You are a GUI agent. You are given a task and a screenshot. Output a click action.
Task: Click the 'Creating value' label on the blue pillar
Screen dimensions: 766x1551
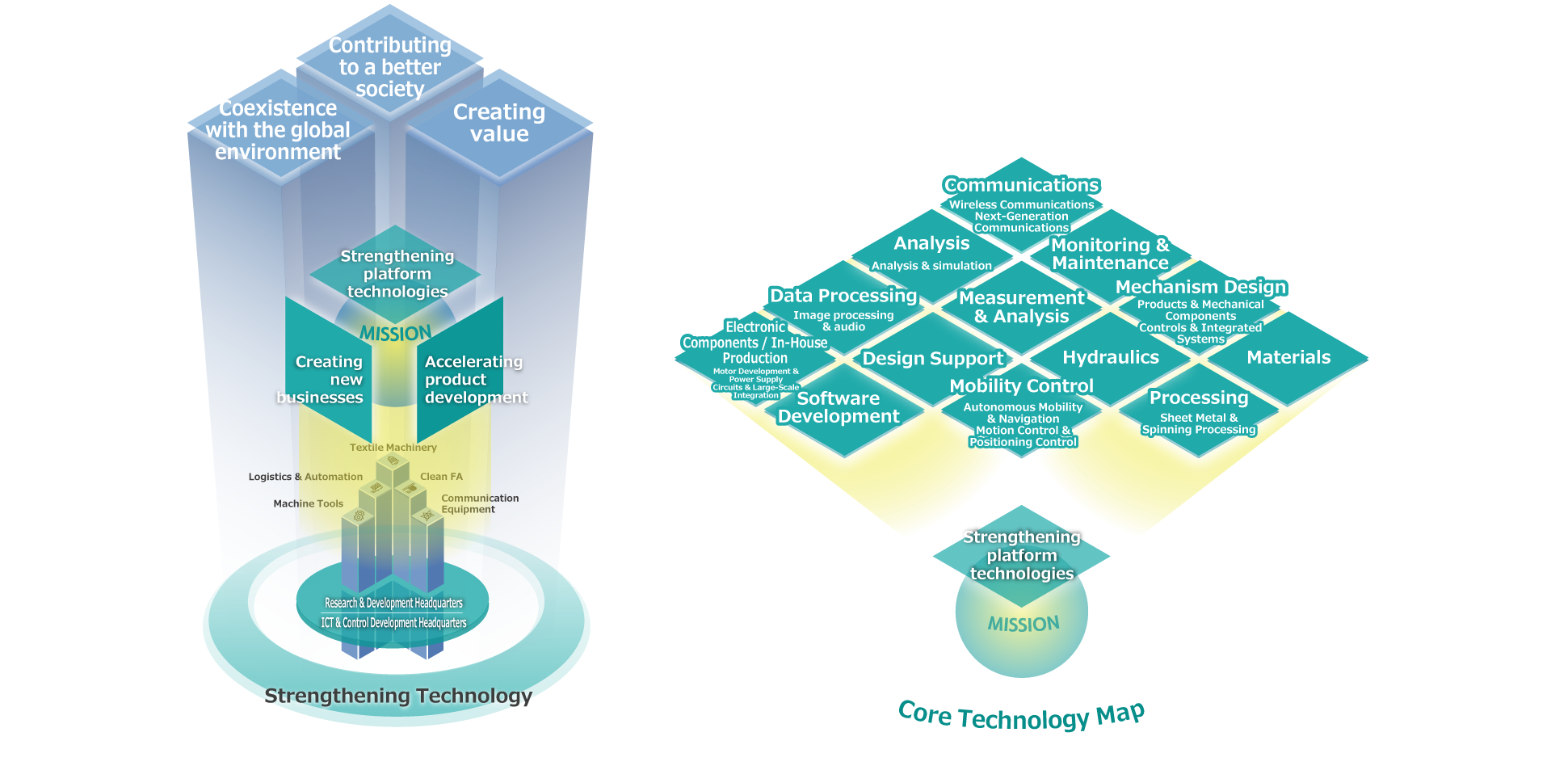(x=499, y=123)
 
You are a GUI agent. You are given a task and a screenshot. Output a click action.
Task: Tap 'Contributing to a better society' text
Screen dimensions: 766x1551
(x=390, y=67)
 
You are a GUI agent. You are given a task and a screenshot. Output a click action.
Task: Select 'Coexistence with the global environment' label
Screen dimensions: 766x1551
(x=278, y=130)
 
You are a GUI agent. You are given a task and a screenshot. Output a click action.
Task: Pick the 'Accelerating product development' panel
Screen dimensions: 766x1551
(x=473, y=380)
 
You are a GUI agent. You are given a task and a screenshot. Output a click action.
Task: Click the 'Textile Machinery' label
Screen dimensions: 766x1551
(x=393, y=448)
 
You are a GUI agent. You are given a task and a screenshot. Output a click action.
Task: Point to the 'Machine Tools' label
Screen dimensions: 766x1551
(x=308, y=503)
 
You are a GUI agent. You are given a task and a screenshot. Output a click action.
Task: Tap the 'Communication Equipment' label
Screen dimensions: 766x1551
(x=479, y=503)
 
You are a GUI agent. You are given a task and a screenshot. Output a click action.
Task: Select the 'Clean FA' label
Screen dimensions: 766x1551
(x=441, y=477)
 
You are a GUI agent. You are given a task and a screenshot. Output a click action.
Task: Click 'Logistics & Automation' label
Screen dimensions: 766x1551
(x=305, y=477)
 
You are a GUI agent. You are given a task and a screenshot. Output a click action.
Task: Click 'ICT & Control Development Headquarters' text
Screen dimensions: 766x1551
(x=393, y=623)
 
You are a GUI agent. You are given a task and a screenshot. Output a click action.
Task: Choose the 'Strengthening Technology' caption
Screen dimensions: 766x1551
(x=398, y=696)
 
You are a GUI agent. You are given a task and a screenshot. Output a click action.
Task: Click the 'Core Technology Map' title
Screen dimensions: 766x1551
(x=1021, y=716)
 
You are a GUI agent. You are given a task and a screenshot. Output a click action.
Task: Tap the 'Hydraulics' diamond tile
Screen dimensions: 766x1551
(x=1111, y=357)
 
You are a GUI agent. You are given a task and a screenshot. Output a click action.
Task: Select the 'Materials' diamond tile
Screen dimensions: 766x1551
(x=1288, y=357)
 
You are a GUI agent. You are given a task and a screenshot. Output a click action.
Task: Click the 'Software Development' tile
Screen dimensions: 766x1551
(x=839, y=407)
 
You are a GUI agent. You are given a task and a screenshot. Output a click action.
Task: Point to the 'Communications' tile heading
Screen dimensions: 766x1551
(x=1021, y=185)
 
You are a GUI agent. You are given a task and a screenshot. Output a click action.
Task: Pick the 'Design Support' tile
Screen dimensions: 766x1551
(x=932, y=358)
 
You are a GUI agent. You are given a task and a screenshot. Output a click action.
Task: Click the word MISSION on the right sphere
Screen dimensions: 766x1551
(x=1023, y=624)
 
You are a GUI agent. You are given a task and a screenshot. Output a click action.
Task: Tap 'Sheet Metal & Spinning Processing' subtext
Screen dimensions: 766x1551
(x=1199, y=423)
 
